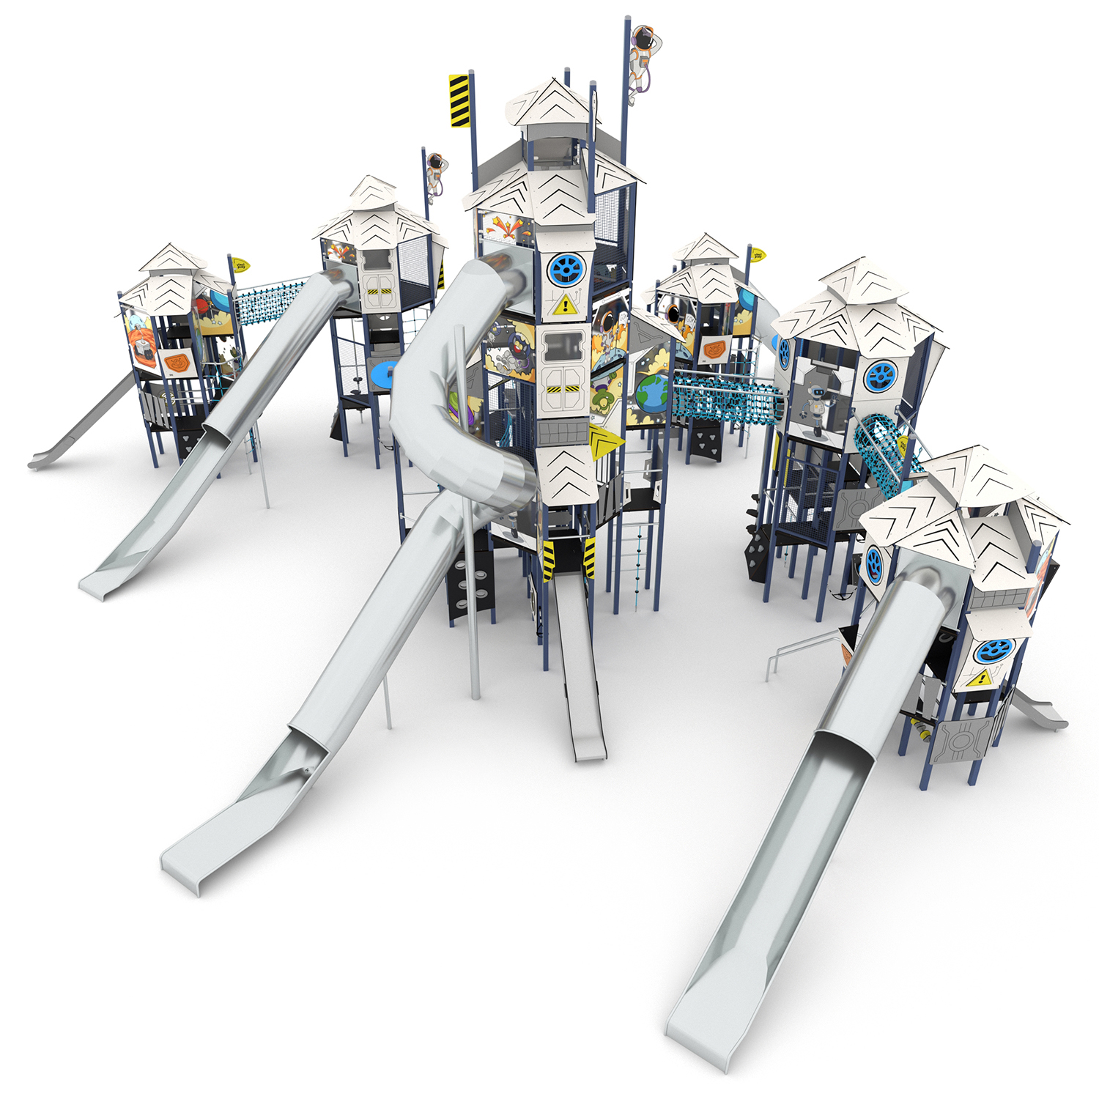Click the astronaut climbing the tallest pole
(x=643, y=54)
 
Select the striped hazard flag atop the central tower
(x=459, y=100)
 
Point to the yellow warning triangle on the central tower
(x=563, y=306)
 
